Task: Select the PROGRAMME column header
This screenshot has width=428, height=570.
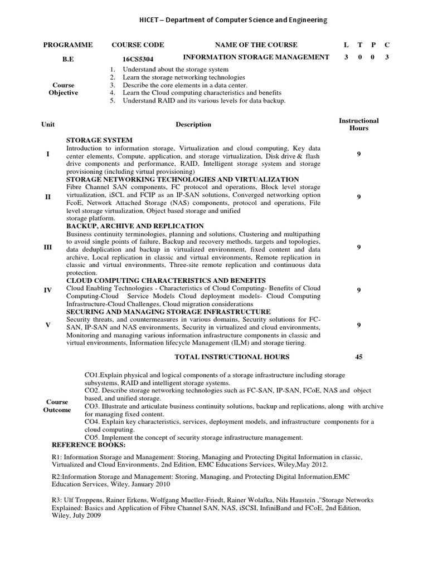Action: click(68, 45)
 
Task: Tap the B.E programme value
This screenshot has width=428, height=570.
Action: click(68, 58)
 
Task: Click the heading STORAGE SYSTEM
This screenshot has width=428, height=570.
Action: click(99, 140)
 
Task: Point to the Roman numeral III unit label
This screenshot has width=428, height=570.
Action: click(47, 247)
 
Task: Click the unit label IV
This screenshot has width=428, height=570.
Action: click(47, 290)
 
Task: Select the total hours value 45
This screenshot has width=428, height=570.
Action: click(358, 357)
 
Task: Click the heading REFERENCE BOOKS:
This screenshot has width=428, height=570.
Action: click(89, 445)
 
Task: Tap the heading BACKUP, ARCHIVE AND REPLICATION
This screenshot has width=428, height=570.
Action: click(135, 227)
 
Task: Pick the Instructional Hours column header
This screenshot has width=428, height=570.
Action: click(358, 124)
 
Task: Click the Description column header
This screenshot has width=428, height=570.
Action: click(193, 124)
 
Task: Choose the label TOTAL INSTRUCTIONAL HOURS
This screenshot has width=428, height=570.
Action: click(232, 357)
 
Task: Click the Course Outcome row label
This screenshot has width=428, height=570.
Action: click(57, 406)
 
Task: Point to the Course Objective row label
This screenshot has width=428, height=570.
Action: click(64, 89)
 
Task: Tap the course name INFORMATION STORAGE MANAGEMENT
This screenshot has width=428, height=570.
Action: click(256, 57)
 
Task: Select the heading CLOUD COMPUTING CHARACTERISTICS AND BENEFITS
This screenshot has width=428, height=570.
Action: click(166, 281)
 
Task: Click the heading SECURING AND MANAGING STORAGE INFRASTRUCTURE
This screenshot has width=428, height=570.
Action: click(168, 312)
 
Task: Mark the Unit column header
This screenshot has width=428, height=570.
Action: click(48, 124)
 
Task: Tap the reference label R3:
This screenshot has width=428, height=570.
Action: click(57, 500)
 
